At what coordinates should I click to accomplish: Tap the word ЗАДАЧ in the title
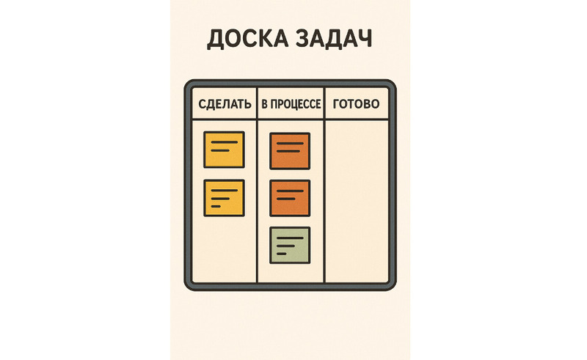pos(334,38)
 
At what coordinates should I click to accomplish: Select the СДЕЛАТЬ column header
pos(225,104)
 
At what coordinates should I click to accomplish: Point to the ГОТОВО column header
pos(356,103)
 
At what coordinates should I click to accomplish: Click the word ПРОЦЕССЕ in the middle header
pos(296,104)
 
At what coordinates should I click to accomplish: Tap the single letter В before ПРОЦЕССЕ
pos(264,104)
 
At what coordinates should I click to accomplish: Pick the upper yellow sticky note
pos(225,150)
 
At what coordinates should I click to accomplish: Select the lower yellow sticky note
pos(225,198)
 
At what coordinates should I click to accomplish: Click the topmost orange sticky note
pos(290,151)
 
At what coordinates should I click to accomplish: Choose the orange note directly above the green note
pos(290,199)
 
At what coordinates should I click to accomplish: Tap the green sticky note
pos(290,245)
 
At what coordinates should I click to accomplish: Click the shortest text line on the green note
pos(282,254)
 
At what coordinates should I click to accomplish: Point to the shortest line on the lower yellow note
pos(216,206)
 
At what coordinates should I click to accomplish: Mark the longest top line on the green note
pos(290,238)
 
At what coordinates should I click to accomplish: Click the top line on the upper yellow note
pos(225,142)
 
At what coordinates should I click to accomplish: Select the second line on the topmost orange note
pos(288,151)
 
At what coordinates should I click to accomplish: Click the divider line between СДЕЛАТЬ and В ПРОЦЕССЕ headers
pos(258,103)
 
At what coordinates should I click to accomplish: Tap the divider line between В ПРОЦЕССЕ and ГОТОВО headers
pos(324,103)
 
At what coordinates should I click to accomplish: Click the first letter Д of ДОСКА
pos(216,40)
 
